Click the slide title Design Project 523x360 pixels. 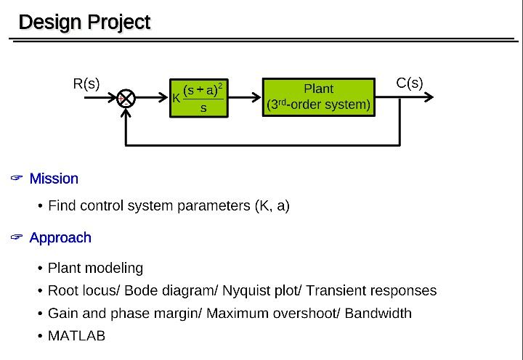point(84,22)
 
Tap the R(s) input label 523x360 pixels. point(86,83)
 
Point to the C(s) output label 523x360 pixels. point(410,83)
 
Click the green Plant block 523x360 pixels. point(319,97)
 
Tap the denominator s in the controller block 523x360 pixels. point(203,108)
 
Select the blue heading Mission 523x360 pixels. point(54,179)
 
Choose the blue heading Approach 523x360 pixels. point(60,238)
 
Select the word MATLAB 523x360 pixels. point(76,336)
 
